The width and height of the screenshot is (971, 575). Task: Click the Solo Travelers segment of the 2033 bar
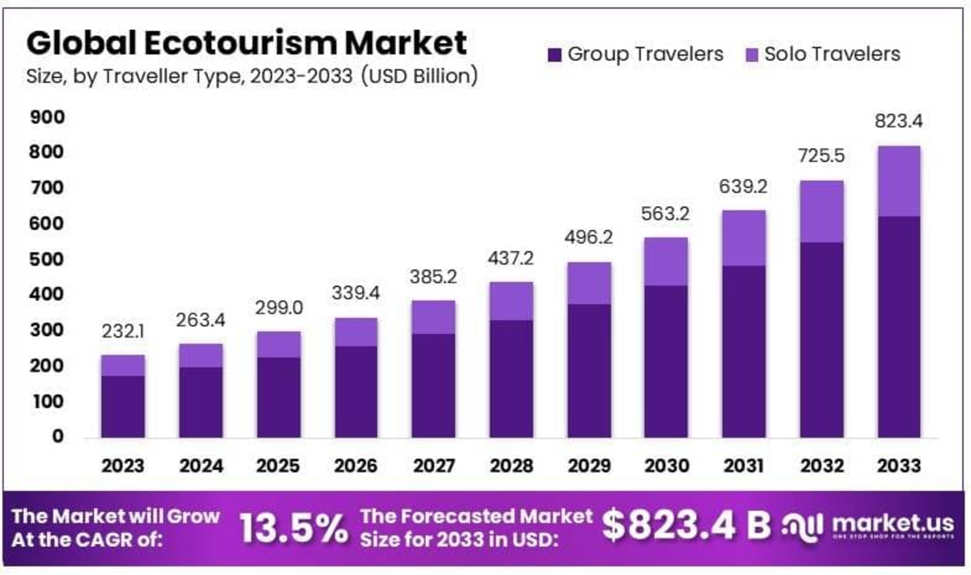click(899, 181)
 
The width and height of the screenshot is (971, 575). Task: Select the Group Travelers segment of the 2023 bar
click(123, 406)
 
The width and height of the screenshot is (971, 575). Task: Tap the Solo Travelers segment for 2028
click(511, 301)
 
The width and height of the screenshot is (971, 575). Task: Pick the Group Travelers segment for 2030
click(666, 361)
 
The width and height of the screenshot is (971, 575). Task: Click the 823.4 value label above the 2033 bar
click(898, 121)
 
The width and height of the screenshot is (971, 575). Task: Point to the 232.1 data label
click(123, 331)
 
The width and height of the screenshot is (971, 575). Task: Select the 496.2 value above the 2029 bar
click(588, 237)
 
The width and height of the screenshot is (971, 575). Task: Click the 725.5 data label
click(821, 156)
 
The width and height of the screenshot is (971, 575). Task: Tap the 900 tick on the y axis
click(47, 117)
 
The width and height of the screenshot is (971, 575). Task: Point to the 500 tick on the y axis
click(47, 259)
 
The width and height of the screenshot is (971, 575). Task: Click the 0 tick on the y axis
click(58, 436)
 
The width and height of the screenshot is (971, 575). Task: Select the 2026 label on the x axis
click(356, 466)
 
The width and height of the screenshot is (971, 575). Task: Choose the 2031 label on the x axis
click(743, 466)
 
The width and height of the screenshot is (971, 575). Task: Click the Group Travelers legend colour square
click(554, 55)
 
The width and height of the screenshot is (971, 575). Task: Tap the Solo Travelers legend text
click(832, 54)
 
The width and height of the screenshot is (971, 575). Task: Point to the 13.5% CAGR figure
click(293, 529)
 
